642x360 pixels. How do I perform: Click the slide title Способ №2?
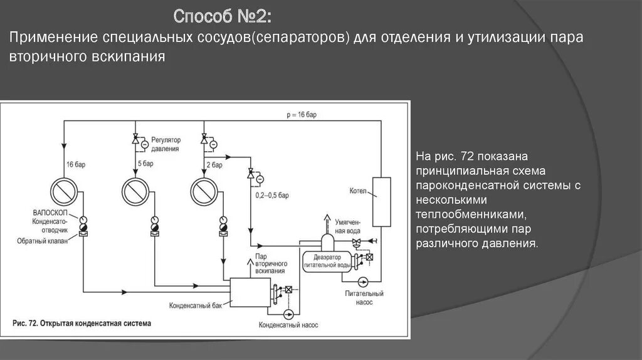coord(223,15)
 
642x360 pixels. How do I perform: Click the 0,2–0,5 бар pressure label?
coord(271,196)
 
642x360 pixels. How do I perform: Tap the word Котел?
coord(357,189)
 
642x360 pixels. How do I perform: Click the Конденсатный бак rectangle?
coord(249,291)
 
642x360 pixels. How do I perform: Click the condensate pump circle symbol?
coord(288,312)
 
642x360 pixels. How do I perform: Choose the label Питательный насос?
coord(364,297)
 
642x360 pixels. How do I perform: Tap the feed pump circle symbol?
coord(362,281)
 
